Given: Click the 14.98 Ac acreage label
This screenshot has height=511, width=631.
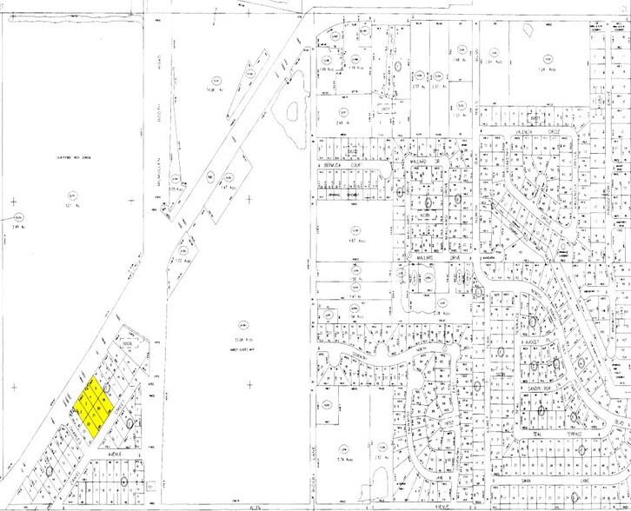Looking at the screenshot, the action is (x=212, y=89).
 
